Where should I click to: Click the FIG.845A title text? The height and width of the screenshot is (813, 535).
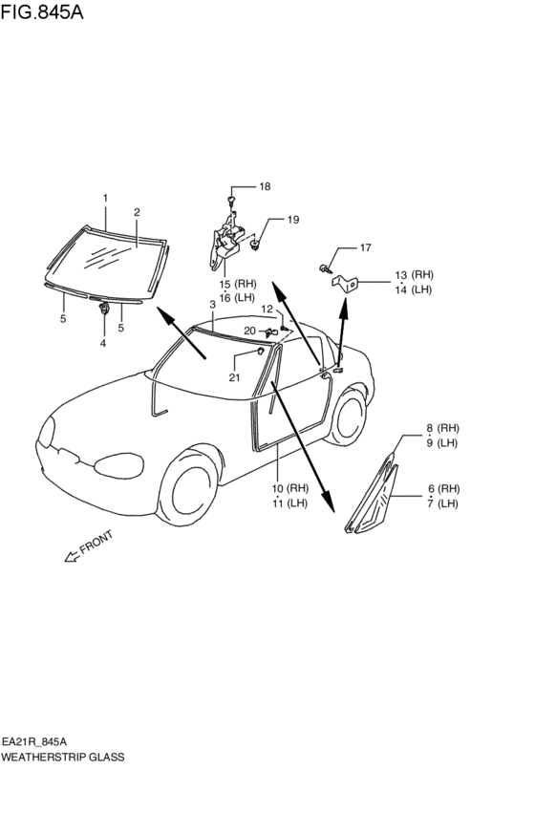[42, 11]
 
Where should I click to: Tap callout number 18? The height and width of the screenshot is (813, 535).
[265, 186]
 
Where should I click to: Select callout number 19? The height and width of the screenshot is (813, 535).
[293, 220]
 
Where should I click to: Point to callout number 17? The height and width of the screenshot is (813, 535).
[366, 247]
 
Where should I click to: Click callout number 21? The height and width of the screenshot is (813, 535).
[234, 377]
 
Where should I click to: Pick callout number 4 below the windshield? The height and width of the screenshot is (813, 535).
[103, 343]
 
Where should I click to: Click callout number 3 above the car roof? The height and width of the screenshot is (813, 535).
[212, 305]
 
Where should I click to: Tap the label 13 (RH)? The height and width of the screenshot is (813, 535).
[414, 275]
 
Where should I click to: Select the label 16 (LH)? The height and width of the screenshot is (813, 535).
[237, 298]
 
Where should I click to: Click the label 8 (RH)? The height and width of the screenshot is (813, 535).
[442, 428]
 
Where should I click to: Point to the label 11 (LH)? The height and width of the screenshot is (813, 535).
[289, 503]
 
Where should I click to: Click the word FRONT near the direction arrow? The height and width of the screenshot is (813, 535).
[96, 542]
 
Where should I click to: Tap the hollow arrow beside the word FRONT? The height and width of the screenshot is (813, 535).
[71, 556]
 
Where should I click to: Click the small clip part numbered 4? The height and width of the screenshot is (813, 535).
[104, 309]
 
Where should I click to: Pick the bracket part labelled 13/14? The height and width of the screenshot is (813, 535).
[345, 284]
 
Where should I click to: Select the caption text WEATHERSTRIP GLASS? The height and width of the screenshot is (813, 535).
[63, 758]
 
